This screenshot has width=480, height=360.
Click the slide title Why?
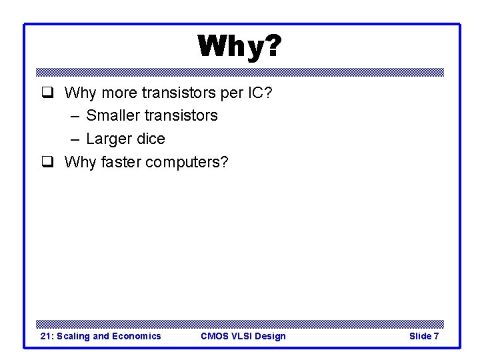coord(239,47)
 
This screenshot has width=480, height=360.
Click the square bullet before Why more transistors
coord(47,93)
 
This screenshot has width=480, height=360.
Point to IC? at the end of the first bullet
coord(259,92)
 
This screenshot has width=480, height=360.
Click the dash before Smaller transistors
coord(73,115)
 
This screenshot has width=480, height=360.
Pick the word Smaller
coord(113,115)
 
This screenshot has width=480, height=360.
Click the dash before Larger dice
coord(73,139)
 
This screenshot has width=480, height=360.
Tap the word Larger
coord(109,139)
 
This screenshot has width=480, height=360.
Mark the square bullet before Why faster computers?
coord(47,163)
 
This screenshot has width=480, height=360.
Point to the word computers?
coord(187,163)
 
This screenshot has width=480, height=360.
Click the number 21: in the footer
coord(47,336)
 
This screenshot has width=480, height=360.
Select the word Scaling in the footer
coord(74,336)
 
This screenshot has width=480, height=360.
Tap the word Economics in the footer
coord(136,336)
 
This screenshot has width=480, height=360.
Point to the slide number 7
coord(436,336)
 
